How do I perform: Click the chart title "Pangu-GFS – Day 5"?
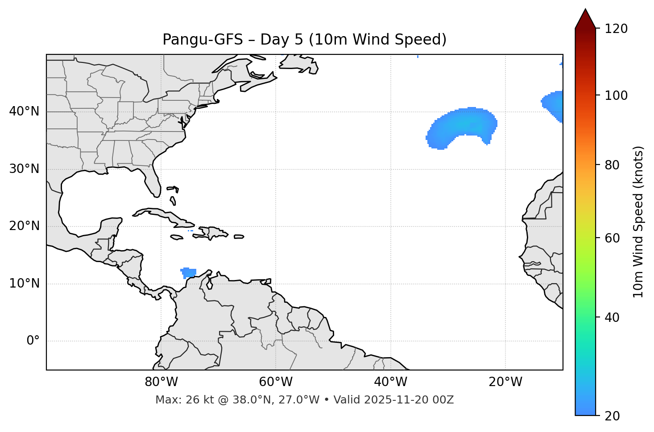click(x=304, y=40)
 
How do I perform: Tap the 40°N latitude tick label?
click(x=24, y=111)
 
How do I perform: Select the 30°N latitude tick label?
click(x=24, y=169)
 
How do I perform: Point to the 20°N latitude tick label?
click(x=24, y=226)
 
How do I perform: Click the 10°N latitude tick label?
click(x=24, y=284)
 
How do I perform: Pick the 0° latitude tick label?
click(x=33, y=341)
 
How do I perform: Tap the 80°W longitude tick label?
click(x=161, y=382)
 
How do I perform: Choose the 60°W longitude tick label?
click(x=276, y=382)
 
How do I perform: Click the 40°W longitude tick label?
click(x=390, y=382)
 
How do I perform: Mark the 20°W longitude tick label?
click(x=505, y=382)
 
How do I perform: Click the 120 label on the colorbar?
click(x=616, y=29)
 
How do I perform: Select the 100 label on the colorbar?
click(x=616, y=95)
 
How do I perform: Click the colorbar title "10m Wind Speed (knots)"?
click(x=638, y=222)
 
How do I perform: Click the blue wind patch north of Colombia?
click(x=189, y=272)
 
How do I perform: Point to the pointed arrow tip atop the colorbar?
click(x=585, y=11)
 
